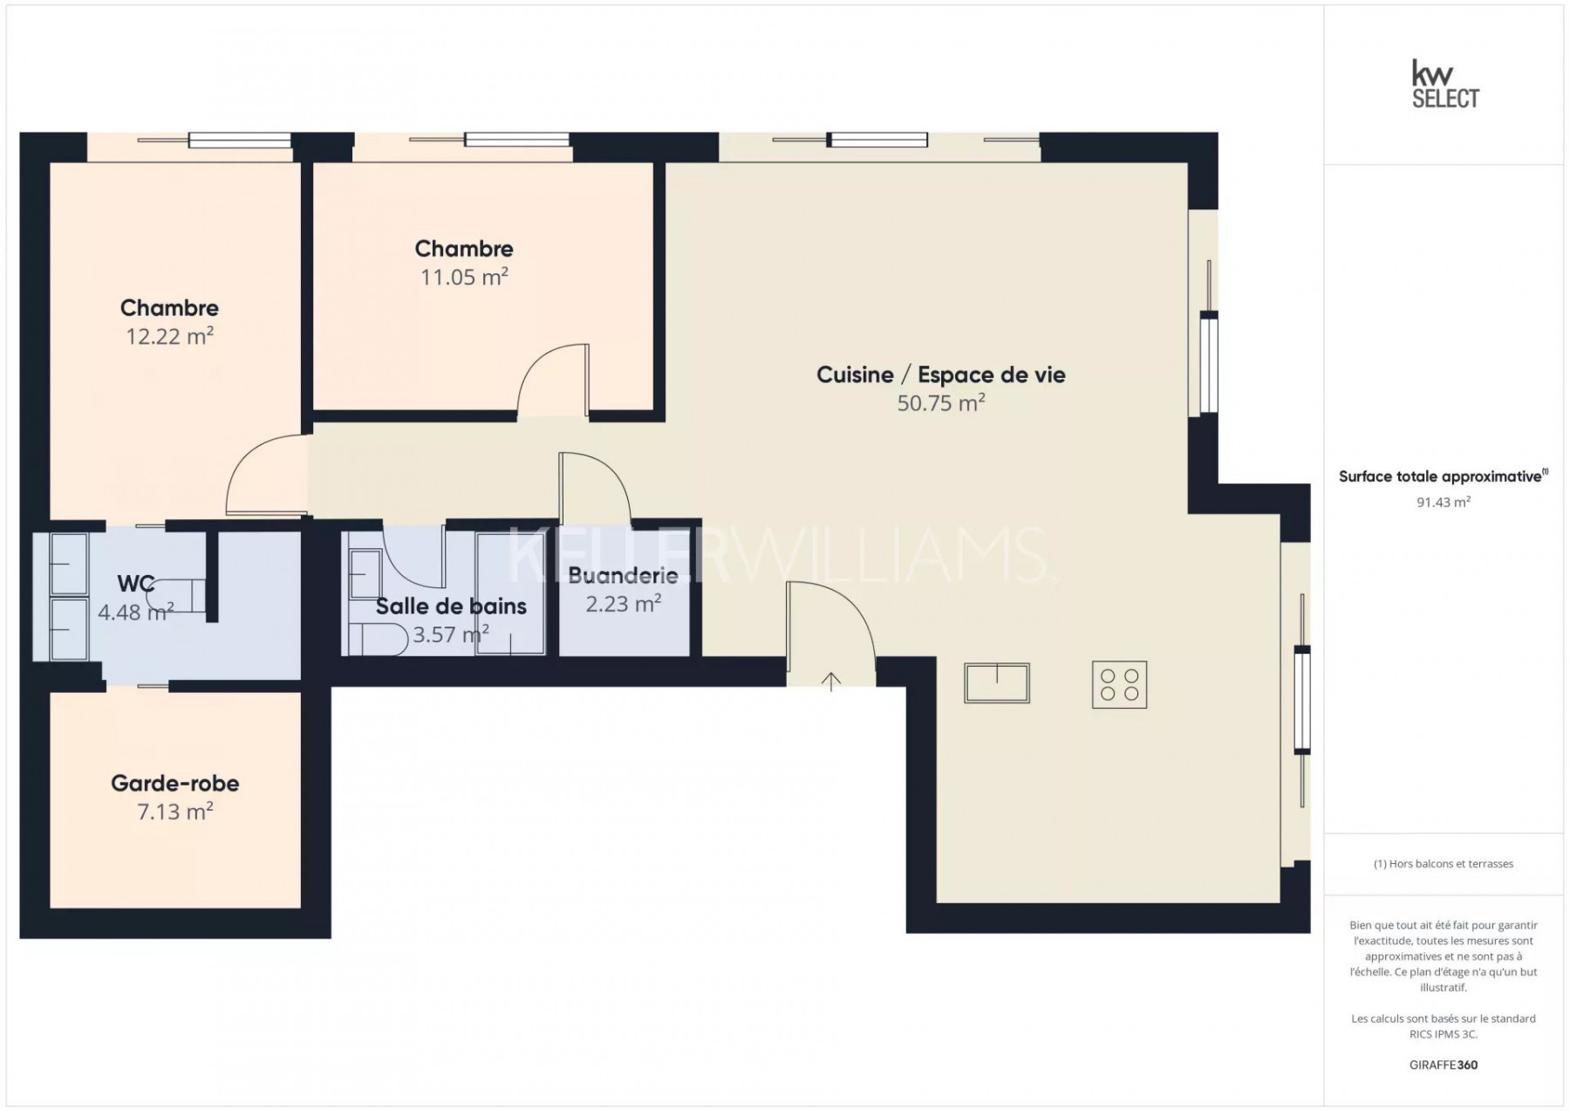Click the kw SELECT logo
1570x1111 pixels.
1445,85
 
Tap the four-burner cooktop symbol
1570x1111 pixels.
1119,684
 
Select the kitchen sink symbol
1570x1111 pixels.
997,682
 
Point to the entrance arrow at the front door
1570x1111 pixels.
831,682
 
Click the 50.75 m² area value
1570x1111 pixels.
941,402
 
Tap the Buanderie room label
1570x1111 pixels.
623,575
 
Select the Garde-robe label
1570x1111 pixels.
175,783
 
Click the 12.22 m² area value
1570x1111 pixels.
170,336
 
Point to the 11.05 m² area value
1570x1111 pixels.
464,277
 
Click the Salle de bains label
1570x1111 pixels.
451,606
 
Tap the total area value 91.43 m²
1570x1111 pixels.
1444,502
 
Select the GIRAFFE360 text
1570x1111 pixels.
1444,1065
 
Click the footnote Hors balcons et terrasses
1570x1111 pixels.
1444,864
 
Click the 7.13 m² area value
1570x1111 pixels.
175,812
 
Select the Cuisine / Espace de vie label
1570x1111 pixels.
941,374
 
